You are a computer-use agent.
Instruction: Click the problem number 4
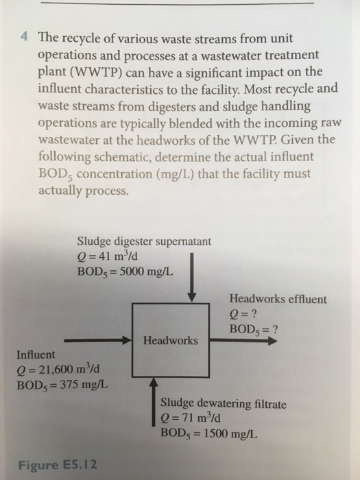(x=24, y=38)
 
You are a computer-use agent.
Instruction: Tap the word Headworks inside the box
(x=171, y=340)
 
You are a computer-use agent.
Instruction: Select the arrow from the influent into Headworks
(x=97, y=340)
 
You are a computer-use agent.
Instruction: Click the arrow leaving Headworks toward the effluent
(x=243, y=340)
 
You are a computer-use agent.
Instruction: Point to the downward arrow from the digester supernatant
(x=191, y=277)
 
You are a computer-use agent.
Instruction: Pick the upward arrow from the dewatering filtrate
(x=154, y=402)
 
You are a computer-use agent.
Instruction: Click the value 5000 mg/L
(x=146, y=272)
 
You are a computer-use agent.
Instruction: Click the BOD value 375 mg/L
(x=84, y=385)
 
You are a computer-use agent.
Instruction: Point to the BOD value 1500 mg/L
(x=230, y=433)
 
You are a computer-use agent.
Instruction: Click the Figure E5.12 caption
(x=58, y=465)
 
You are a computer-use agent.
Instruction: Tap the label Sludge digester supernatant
(x=144, y=241)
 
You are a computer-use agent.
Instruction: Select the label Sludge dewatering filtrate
(x=224, y=403)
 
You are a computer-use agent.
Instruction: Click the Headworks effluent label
(x=278, y=299)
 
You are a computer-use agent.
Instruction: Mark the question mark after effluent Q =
(x=253, y=314)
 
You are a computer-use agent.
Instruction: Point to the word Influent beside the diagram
(x=36, y=355)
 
